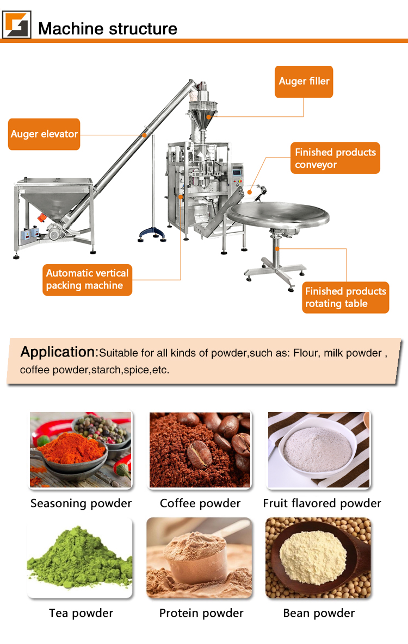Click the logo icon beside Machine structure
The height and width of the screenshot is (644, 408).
[x=17, y=24]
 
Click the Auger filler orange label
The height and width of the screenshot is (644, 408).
[x=304, y=82]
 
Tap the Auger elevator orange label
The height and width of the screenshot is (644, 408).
[x=44, y=134]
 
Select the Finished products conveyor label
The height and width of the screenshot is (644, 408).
[x=335, y=158]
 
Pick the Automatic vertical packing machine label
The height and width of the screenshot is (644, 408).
[x=87, y=279]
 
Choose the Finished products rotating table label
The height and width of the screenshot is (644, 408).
[x=345, y=297]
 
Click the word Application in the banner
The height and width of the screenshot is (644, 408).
[x=58, y=352]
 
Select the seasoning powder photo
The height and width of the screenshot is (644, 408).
[x=81, y=449]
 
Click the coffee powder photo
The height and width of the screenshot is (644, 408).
[x=200, y=449]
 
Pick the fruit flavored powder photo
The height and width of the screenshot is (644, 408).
[x=319, y=449]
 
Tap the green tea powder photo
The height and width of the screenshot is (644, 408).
[x=80, y=558]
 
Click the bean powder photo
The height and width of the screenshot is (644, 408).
[x=318, y=558]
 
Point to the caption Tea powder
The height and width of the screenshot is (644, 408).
[x=81, y=613]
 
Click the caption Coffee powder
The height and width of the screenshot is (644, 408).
[x=200, y=503]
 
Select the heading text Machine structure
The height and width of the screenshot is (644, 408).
[x=108, y=28]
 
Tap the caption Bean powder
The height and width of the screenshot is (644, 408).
[x=319, y=613]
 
